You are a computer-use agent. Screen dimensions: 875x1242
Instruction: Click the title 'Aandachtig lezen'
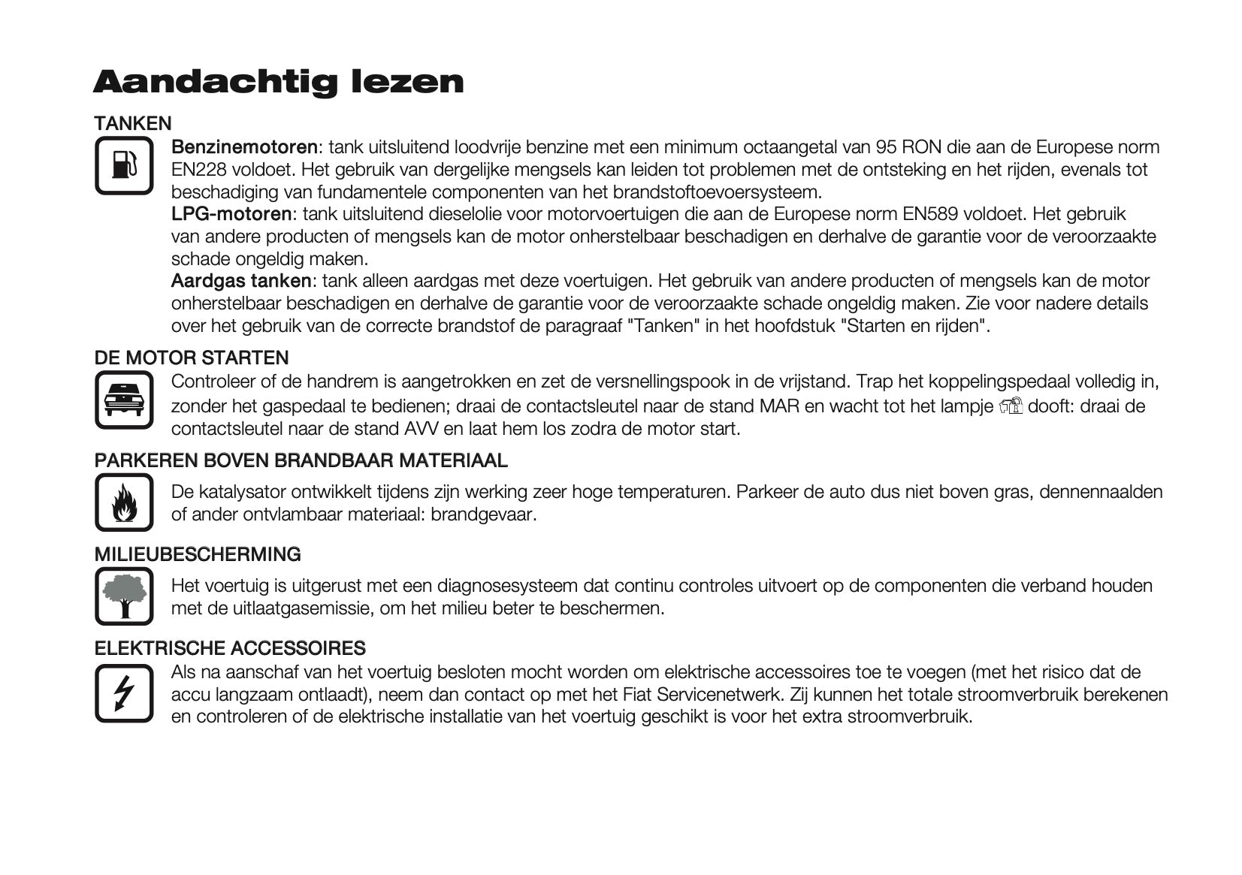pos(278,81)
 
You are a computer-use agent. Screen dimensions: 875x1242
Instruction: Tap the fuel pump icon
pos(124,165)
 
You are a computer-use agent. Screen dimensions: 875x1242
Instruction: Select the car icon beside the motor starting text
pos(124,400)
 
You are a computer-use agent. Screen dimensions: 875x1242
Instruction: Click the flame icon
pos(124,502)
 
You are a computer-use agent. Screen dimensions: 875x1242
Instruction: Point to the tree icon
pos(124,596)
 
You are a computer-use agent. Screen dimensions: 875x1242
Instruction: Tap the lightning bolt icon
pos(124,692)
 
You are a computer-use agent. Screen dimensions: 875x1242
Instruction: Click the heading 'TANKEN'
pos(133,123)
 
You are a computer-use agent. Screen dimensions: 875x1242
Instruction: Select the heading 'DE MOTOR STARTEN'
pos(192,358)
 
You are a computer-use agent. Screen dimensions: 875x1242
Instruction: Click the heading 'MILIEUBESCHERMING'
pos(198,554)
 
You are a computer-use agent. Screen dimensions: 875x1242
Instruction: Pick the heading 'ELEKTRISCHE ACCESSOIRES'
pos(230,648)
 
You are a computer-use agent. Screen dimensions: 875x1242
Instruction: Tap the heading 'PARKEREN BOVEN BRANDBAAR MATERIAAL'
pos(301,460)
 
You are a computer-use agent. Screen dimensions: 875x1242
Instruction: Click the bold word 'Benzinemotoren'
pos(244,146)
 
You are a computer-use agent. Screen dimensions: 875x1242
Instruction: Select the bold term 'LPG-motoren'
pos(231,214)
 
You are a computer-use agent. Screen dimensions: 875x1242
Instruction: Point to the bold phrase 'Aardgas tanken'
pos(240,281)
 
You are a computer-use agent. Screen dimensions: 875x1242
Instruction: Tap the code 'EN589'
pos(929,214)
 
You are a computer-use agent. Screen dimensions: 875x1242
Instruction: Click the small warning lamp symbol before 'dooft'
pos(1011,406)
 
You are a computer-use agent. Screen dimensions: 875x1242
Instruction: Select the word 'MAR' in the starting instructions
pos(779,406)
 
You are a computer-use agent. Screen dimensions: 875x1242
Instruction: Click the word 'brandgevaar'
pos(483,514)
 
